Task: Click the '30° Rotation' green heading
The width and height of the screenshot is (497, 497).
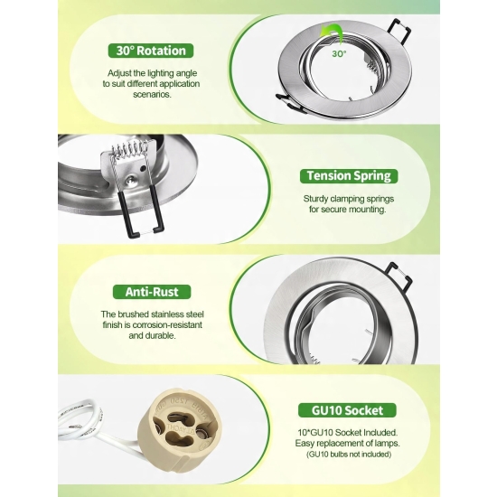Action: tap(151, 51)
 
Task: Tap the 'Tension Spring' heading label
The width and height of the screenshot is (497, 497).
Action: tap(349, 176)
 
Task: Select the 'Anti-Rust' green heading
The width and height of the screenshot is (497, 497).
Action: tap(152, 292)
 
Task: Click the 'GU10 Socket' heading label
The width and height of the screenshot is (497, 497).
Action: tap(347, 410)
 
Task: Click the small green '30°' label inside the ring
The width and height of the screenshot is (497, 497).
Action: tap(339, 54)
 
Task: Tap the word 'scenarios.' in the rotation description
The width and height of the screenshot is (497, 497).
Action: tap(152, 95)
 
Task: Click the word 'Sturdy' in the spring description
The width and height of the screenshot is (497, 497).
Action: tap(315, 199)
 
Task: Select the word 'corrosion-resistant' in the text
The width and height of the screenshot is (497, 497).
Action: tap(167, 325)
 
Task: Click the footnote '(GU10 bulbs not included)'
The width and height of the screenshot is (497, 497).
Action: tap(349, 455)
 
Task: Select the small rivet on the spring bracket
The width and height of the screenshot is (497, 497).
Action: tap(129, 182)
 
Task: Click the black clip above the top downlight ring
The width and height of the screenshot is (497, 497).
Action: tap(399, 32)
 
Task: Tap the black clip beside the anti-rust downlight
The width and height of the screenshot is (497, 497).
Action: tap(400, 276)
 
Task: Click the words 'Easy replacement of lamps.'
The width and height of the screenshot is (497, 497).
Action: tap(347, 443)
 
